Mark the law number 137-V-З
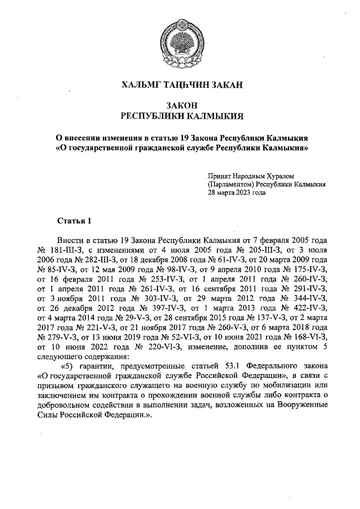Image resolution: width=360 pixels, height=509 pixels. (x=260, y=317)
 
